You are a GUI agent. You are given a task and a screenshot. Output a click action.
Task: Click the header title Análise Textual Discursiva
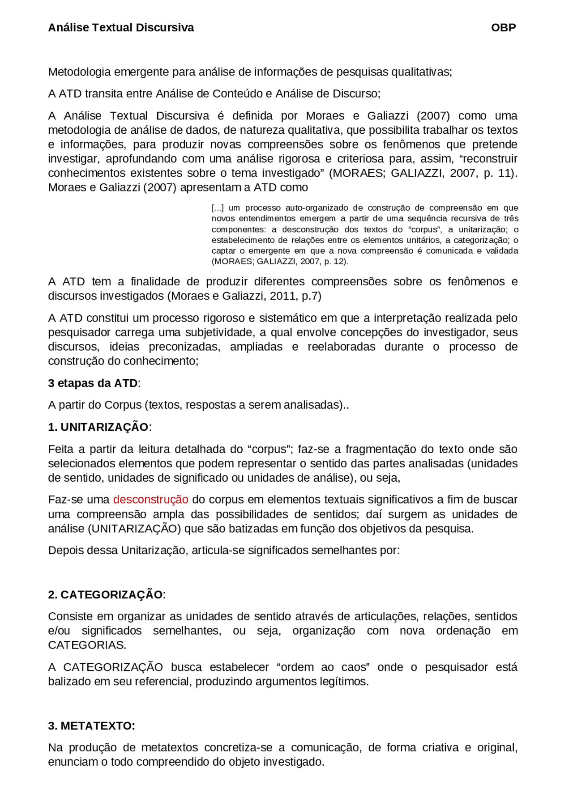pos(121,28)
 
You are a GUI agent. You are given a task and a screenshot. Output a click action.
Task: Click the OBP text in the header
pos(503,28)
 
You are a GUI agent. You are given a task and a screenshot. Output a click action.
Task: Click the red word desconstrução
pos(150,500)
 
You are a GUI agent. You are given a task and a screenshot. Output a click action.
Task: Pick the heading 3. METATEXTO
pos(91,726)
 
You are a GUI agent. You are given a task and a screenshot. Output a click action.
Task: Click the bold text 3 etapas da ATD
pos(94,383)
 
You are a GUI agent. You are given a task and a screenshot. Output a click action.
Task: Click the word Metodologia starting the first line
pos(79,72)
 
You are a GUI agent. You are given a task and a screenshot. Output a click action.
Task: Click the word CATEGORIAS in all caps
pos(87,645)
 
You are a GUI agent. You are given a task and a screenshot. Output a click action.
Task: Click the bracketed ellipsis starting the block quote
pos(218,208)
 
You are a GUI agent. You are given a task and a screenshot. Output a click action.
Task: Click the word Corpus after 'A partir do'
pos(123,405)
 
